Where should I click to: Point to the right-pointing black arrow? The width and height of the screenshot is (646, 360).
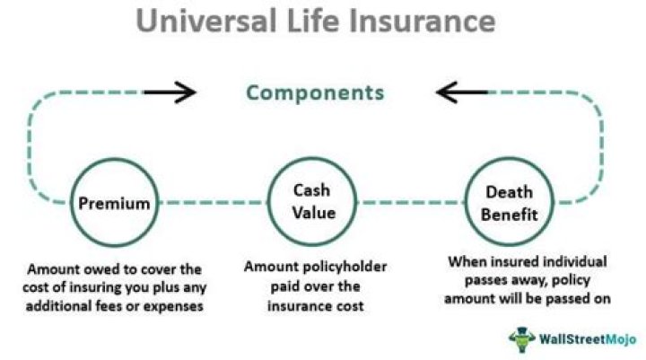click(x=170, y=91)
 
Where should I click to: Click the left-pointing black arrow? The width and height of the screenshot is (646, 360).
click(x=462, y=91)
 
